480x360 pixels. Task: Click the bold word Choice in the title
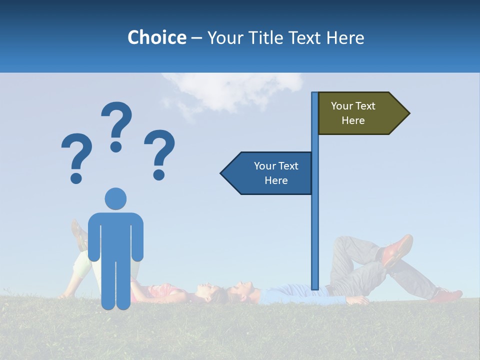tap(156, 37)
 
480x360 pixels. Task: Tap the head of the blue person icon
tap(115, 199)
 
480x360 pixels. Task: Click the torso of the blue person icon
tap(115, 235)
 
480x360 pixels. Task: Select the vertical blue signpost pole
tap(315, 225)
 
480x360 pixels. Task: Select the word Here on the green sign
tap(353, 120)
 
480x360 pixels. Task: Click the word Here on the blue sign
tap(276, 180)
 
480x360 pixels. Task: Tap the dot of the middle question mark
tap(116, 146)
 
